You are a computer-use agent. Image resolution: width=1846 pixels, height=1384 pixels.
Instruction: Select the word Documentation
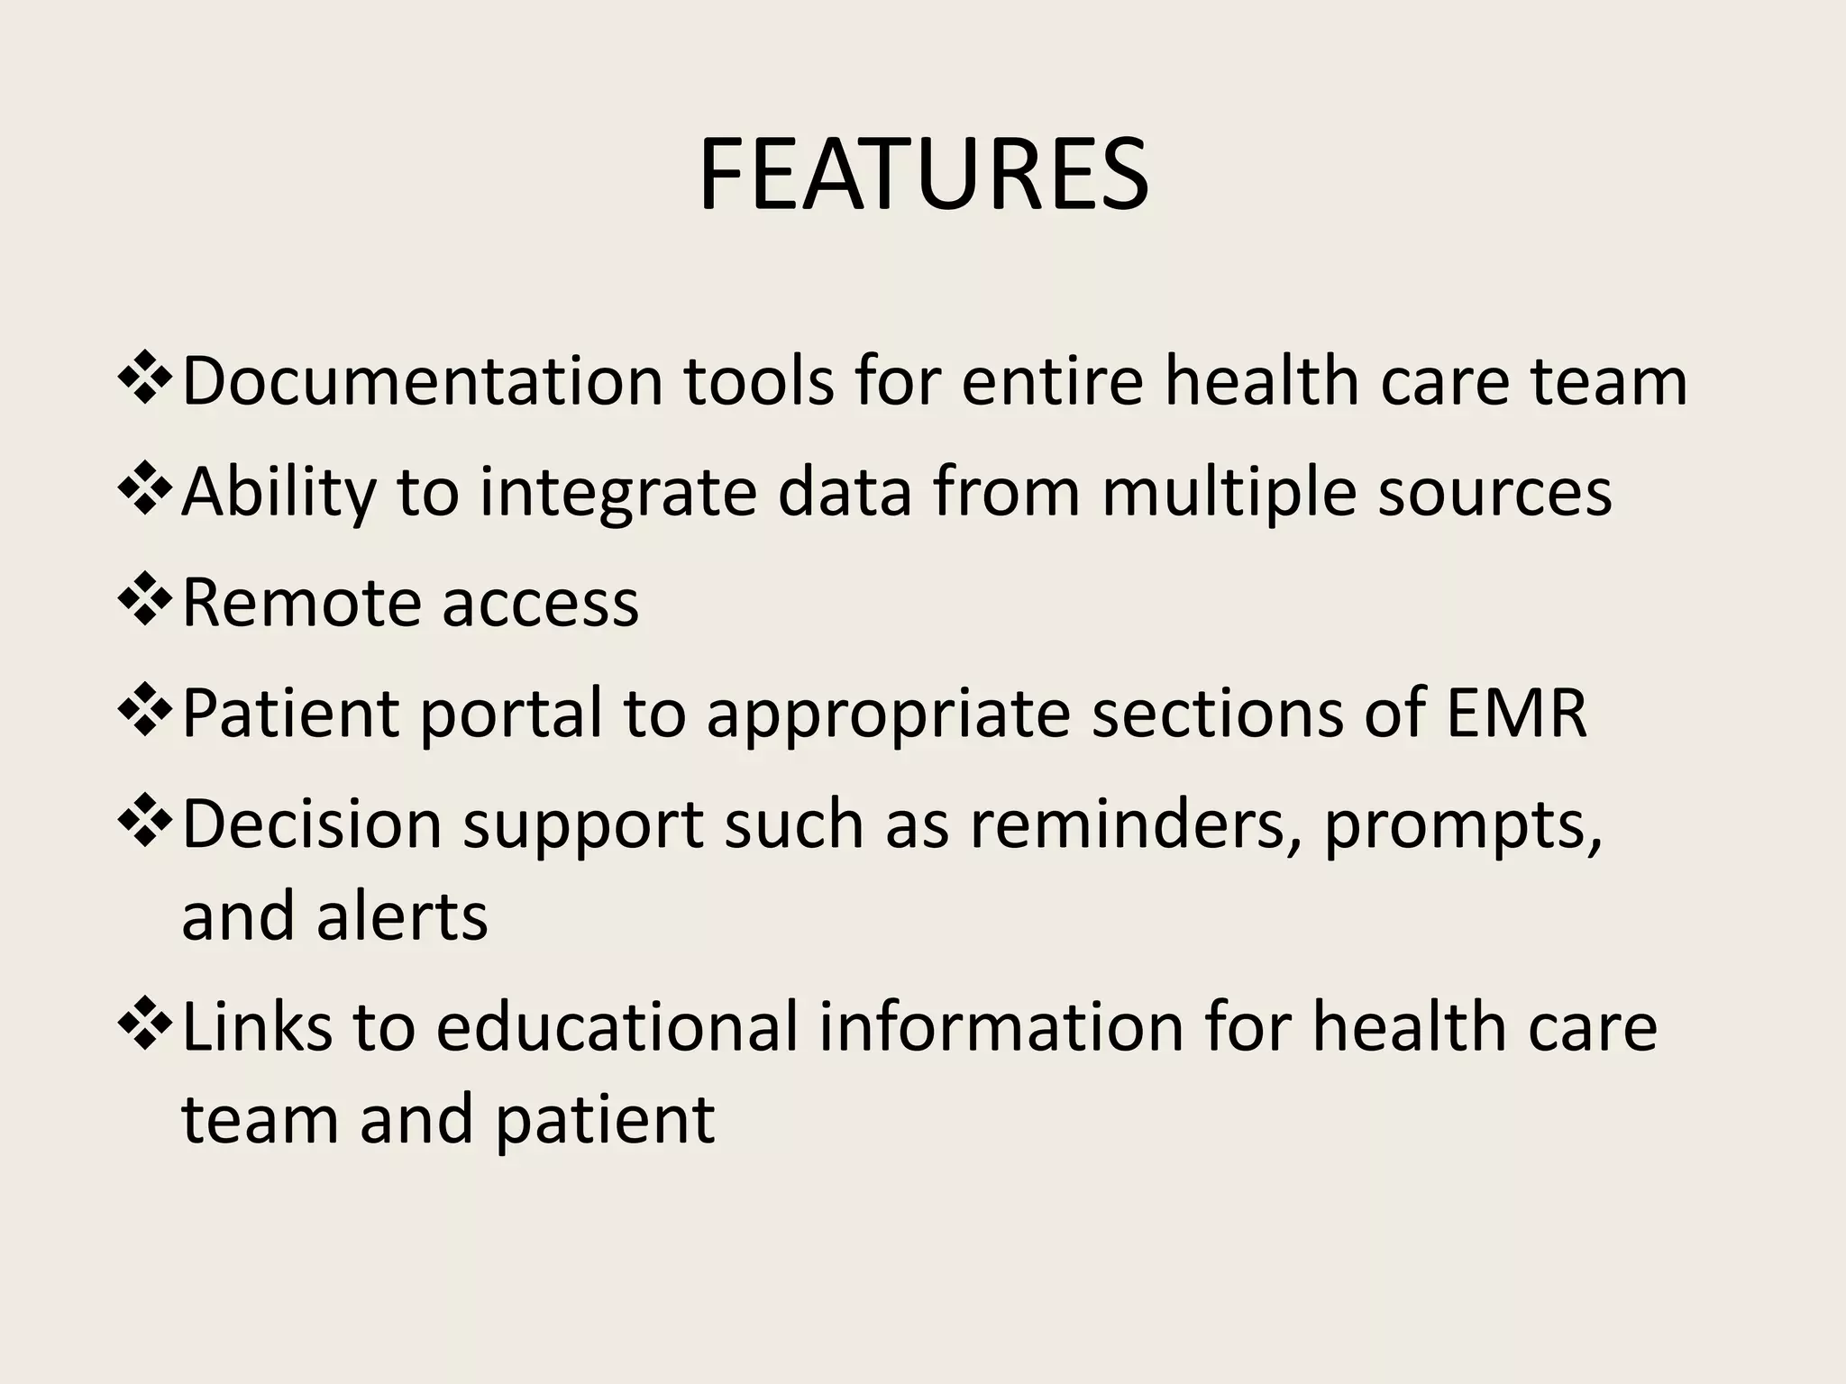click(x=422, y=381)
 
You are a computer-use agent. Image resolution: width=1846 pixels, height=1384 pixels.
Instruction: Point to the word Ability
click(x=279, y=492)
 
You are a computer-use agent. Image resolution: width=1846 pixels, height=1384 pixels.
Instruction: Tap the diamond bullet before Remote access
click(x=144, y=601)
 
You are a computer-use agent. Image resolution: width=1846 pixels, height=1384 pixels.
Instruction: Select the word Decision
click(x=311, y=824)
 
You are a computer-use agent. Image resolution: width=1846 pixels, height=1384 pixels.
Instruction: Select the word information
click(x=1001, y=1027)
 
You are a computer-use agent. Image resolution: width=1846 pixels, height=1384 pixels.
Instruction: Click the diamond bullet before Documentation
click(x=144, y=379)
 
